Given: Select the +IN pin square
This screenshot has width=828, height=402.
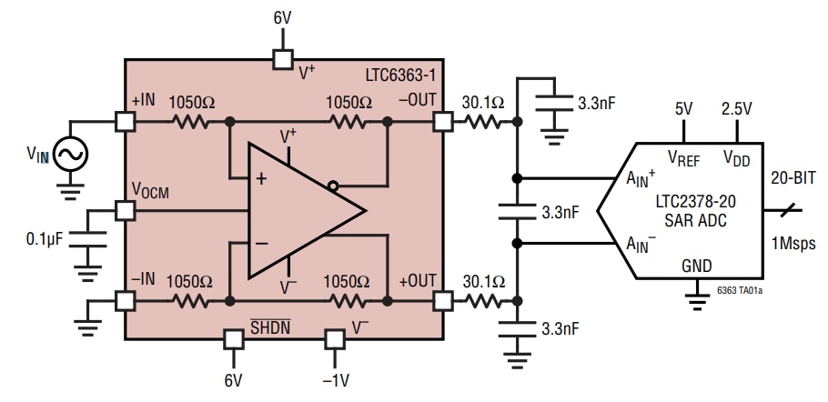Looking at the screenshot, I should [125, 121].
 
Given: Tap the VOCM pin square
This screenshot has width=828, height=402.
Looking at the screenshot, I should [125, 210].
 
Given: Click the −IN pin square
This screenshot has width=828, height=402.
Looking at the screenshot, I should [125, 299].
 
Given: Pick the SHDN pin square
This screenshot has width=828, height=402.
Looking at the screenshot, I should [234, 338].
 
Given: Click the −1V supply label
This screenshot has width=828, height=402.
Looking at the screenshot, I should [337, 380].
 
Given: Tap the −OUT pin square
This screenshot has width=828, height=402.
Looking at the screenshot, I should [442, 121].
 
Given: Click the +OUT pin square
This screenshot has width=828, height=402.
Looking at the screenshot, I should [442, 299].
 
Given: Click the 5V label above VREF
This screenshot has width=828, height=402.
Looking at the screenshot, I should [684, 108].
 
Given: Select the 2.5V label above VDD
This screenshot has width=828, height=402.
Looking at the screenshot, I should [736, 108].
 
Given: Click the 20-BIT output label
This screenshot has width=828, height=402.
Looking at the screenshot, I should [794, 177].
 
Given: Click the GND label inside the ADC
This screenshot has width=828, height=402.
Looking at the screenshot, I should [697, 265].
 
